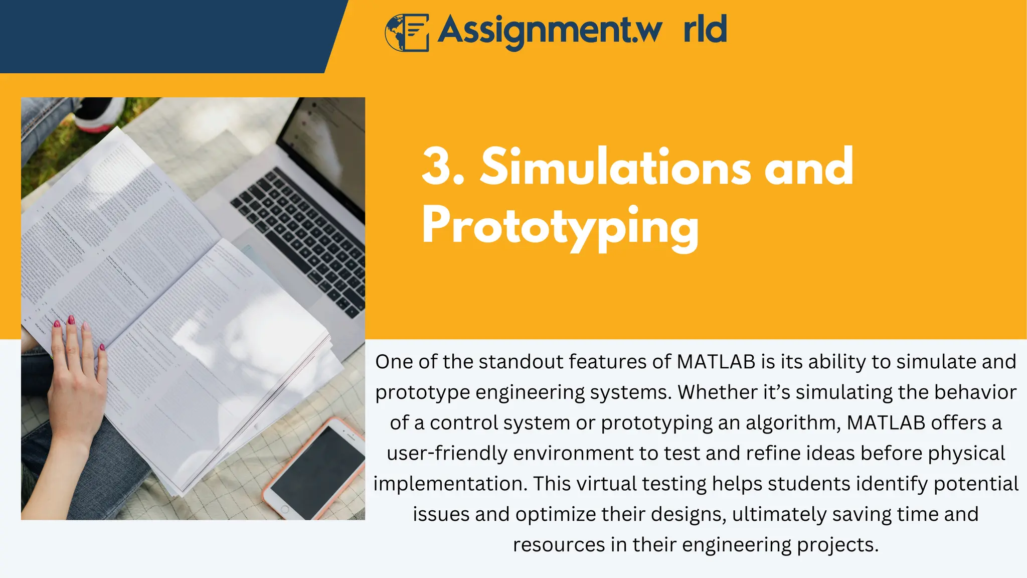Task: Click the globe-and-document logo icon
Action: pyautogui.click(x=407, y=32)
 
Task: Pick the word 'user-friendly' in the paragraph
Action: pyautogui.click(x=447, y=454)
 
